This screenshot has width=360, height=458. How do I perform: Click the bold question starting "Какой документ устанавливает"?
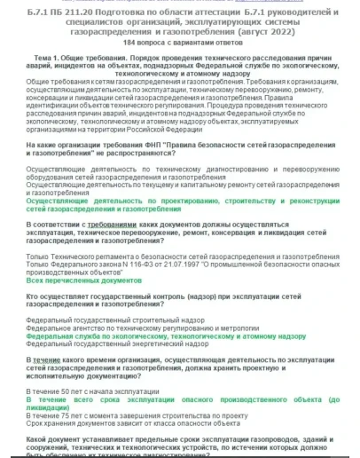(x=177, y=441)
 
